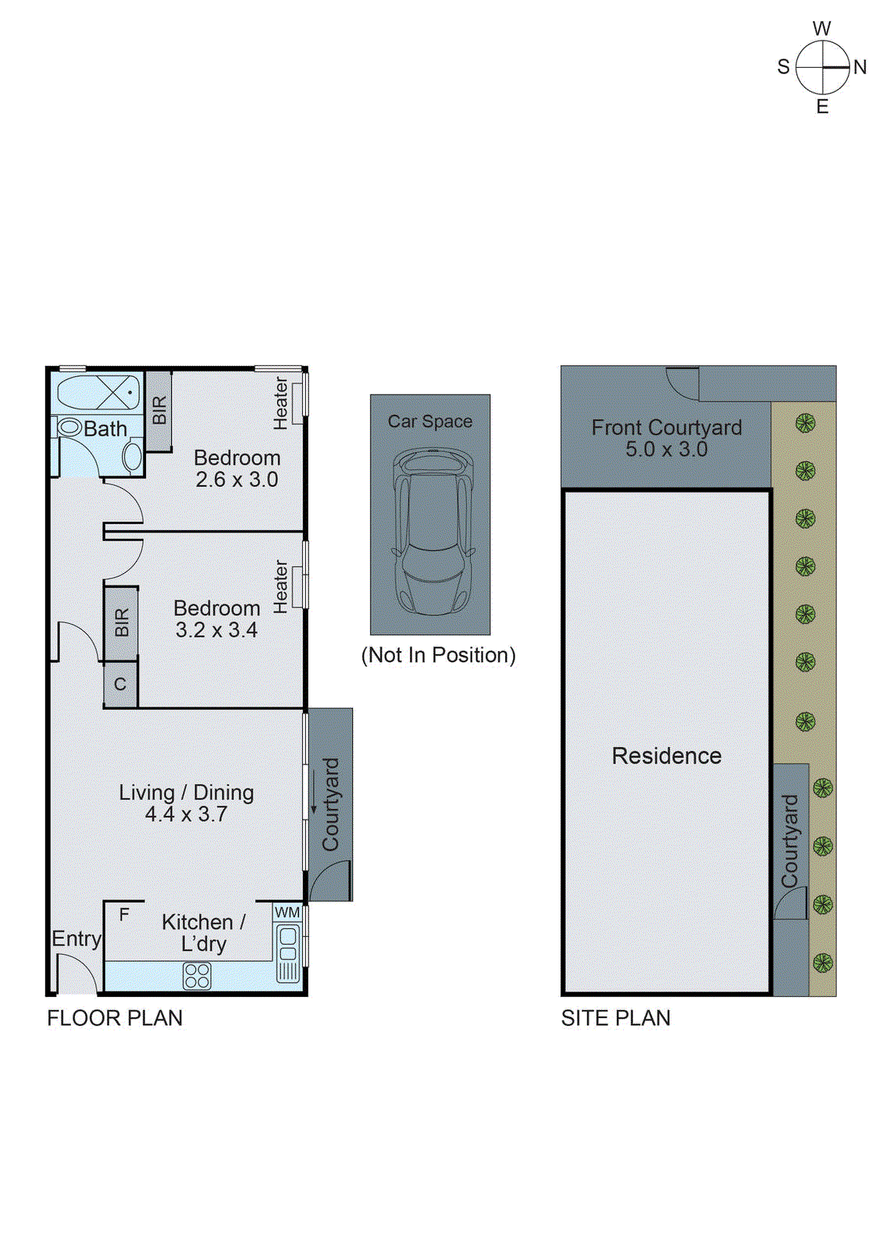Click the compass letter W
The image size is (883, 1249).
click(x=821, y=29)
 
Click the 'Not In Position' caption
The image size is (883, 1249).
click(x=438, y=655)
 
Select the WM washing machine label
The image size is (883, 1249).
click(x=287, y=912)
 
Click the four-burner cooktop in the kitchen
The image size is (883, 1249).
click(x=197, y=976)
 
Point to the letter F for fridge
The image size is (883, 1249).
click(x=124, y=914)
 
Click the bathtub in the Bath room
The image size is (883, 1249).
click(x=98, y=392)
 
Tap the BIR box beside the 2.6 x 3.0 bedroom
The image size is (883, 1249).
click(x=159, y=411)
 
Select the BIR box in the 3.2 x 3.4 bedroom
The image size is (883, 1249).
click(x=122, y=623)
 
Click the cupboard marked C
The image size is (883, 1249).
click(x=120, y=685)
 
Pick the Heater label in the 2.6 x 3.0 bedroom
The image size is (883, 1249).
click(x=280, y=404)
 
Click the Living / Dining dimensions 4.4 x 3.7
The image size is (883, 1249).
click(x=186, y=814)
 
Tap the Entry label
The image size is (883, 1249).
click(x=77, y=938)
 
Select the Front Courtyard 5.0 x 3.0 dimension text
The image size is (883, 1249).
click(x=666, y=450)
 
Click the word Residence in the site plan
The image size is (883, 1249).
click(x=666, y=756)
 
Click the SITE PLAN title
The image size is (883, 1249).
click(x=615, y=1018)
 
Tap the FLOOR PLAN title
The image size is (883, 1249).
click(x=115, y=1018)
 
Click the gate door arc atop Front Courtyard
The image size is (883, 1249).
click(x=682, y=383)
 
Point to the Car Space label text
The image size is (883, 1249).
click(x=430, y=422)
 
